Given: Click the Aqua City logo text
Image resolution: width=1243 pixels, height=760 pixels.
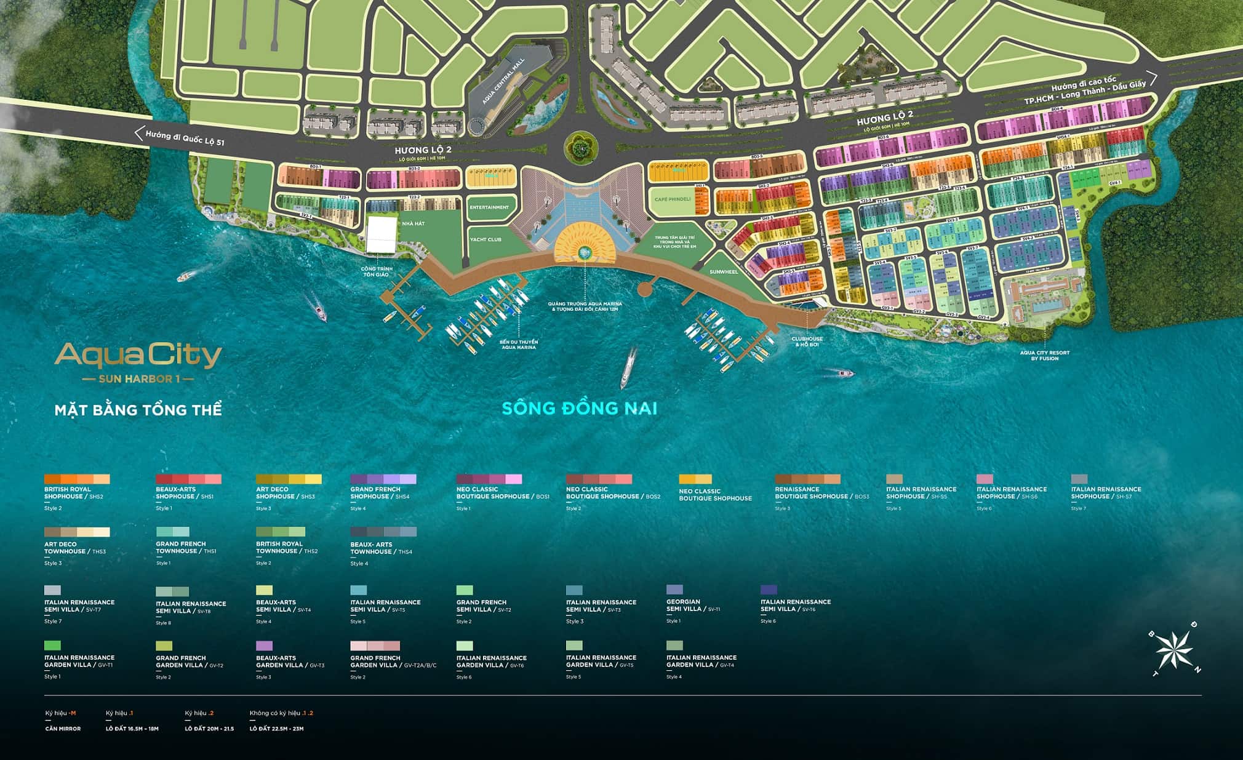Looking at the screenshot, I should click(138, 356).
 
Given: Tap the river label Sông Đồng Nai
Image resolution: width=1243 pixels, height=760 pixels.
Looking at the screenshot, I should click(579, 408).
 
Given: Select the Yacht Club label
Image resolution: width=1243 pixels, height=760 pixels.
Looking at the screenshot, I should click(486, 239).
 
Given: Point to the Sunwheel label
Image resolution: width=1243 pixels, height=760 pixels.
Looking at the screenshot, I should click(723, 271).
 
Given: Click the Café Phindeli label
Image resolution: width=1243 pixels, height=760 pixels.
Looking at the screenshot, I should click(673, 199).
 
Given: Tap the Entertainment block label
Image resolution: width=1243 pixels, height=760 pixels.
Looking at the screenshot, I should click(489, 207).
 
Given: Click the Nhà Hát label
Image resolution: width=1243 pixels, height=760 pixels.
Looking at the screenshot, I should click(414, 223).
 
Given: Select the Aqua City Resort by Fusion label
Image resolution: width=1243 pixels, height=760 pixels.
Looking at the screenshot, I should click(1044, 355).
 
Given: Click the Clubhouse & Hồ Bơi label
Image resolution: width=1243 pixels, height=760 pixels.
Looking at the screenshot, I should click(807, 341).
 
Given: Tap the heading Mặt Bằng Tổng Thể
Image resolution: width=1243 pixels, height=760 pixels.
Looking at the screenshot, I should click(138, 410).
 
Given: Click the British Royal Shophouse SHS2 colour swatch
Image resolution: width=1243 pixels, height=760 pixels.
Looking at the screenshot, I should click(77, 479).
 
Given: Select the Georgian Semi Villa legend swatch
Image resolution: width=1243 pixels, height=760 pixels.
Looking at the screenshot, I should click(674, 590).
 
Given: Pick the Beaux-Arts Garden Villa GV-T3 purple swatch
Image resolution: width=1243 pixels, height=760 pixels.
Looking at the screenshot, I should click(264, 646).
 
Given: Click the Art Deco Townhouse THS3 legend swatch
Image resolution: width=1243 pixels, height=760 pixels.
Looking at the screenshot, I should click(77, 532).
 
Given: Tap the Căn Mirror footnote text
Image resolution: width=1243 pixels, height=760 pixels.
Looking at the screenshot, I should click(63, 729).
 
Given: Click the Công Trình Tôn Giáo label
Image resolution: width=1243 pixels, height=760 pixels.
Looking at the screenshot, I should click(377, 271).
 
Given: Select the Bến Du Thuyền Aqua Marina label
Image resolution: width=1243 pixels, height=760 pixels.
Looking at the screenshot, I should click(518, 344).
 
